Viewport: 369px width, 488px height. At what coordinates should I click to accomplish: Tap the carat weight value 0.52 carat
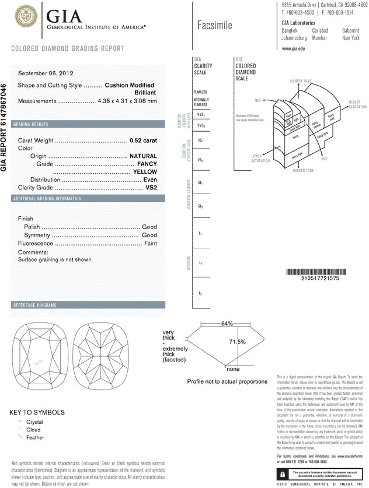click(x=144, y=141)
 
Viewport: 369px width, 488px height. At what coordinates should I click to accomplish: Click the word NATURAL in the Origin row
click(x=144, y=157)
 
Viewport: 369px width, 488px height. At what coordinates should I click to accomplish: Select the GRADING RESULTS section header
click(x=32, y=125)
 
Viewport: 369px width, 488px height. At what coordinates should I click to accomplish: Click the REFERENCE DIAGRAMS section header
click(x=35, y=306)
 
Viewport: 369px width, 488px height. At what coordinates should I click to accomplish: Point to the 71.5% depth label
click(x=236, y=341)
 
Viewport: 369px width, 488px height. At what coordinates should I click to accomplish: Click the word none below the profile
click(x=234, y=368)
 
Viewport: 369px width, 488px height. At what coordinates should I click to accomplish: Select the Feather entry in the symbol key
click(x=35, y=437)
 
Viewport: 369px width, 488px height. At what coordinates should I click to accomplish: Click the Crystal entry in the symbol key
click(x=35, y=422)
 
